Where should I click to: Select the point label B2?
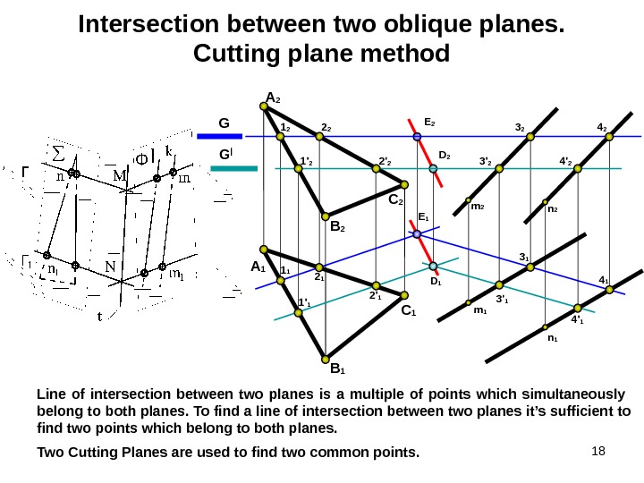pos(338,228)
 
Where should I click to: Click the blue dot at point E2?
pos(417,137)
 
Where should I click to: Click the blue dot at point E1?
pos(418,234)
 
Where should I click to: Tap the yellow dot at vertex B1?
pos(326,355)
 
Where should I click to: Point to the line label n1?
pos(553,338)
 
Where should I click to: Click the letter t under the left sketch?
pos(100,315)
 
